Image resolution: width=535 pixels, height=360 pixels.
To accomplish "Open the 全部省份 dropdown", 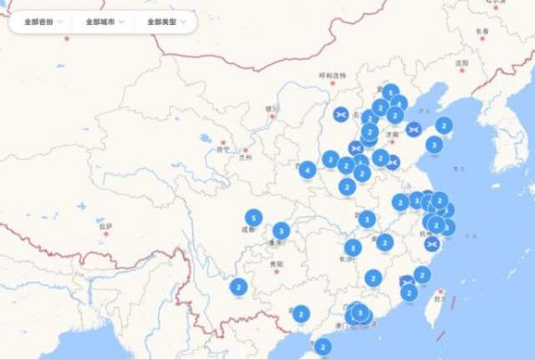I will (43, 21).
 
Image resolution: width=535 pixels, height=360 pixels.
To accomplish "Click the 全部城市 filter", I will (104, 21).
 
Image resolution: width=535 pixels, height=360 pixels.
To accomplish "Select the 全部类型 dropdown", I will (165, 21).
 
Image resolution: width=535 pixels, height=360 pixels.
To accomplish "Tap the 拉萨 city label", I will (106, 227).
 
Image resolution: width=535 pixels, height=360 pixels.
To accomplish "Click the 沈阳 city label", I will (461, 63).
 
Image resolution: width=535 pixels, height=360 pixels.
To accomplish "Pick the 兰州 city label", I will (245, 156).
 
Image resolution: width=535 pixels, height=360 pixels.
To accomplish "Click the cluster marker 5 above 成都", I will (254, 217).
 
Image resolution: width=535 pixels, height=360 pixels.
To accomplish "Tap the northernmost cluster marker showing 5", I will (390, 92).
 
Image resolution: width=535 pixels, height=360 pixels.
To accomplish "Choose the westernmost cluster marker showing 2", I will (238, 287).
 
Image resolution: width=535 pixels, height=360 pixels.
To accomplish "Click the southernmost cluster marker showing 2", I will (322, 347).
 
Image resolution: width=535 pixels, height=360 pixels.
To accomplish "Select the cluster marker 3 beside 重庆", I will (281, 231).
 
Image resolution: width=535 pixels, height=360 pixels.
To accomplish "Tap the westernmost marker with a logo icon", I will (341, 115).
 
